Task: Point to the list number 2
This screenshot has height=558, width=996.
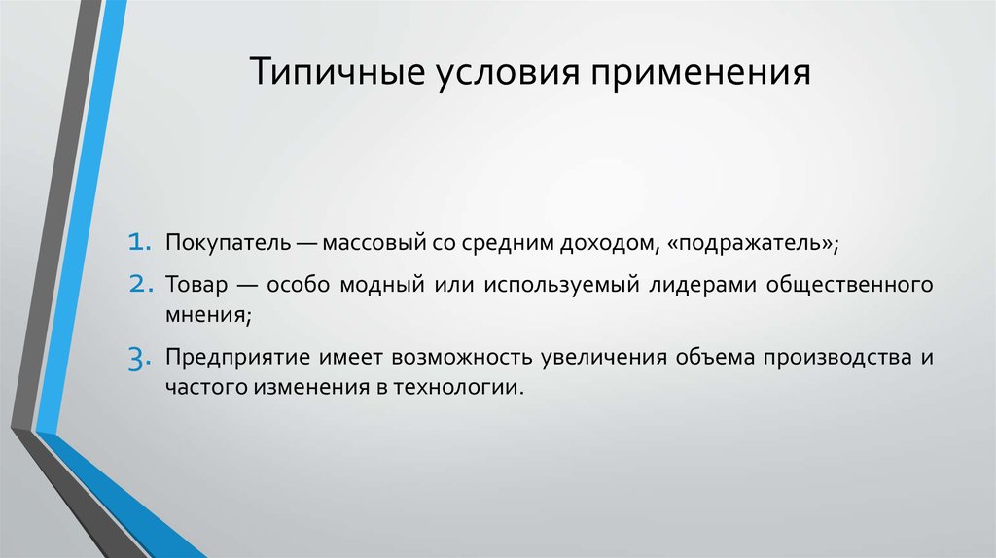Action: click(x=137, y=286)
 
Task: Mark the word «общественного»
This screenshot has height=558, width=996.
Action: click(x=851, y=286)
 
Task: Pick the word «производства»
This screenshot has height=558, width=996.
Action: click(x=837, y=357)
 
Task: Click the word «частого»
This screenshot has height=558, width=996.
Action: click(x=197, y=385)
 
